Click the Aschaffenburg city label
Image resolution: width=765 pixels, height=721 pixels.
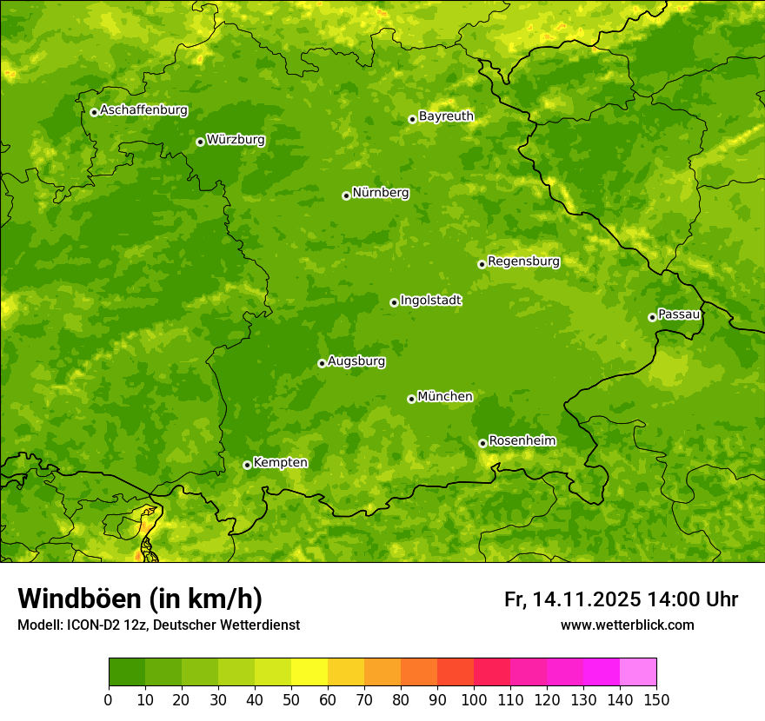point(143,110)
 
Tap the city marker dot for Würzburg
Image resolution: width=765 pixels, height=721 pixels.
point(200,142)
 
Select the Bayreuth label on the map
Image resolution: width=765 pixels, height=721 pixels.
point(446,116)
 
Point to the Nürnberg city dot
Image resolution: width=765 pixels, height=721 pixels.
point(346,195)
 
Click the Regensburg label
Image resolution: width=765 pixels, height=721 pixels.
point(523,261)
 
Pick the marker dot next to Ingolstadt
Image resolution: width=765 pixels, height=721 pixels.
point(394,302)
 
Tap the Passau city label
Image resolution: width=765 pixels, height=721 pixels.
point(679,314)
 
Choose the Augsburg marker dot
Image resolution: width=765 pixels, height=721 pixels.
point(322,363)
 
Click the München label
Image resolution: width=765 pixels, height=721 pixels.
point(445,397)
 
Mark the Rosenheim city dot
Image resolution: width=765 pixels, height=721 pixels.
point(482,443)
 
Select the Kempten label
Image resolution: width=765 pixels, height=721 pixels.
point(280,463)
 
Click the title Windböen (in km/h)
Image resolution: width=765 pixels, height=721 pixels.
point(140,599)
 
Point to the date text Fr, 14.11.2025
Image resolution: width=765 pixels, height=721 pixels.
point(573,599)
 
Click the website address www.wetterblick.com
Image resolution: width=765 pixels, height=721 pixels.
point(627,625)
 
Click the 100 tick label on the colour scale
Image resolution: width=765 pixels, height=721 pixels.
point(474,699)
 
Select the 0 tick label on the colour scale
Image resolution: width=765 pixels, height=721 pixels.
point(109,699)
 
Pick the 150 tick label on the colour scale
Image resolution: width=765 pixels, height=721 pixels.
point(656,699)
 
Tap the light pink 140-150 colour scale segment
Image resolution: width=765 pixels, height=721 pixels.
point(638,672)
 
